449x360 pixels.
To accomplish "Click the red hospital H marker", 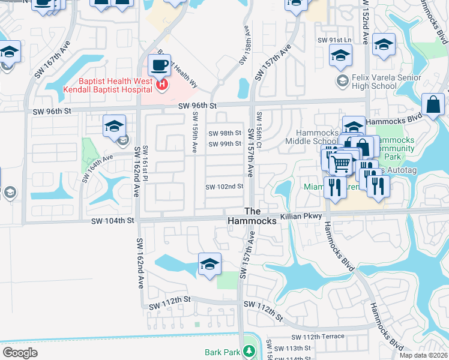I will coord(161,86).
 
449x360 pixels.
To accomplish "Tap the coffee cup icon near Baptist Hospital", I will coord(159,65).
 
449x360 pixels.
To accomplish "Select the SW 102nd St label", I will coord(224,187).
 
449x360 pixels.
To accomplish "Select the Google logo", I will coord(20,352).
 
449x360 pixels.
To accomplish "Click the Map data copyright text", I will coord(423,355).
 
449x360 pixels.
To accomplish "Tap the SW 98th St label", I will coord(224,133).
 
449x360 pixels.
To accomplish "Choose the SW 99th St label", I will coord(224,144).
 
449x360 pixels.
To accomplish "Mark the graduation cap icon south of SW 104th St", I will coord(209,263).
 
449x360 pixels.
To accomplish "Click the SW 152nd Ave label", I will coord(365,24).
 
